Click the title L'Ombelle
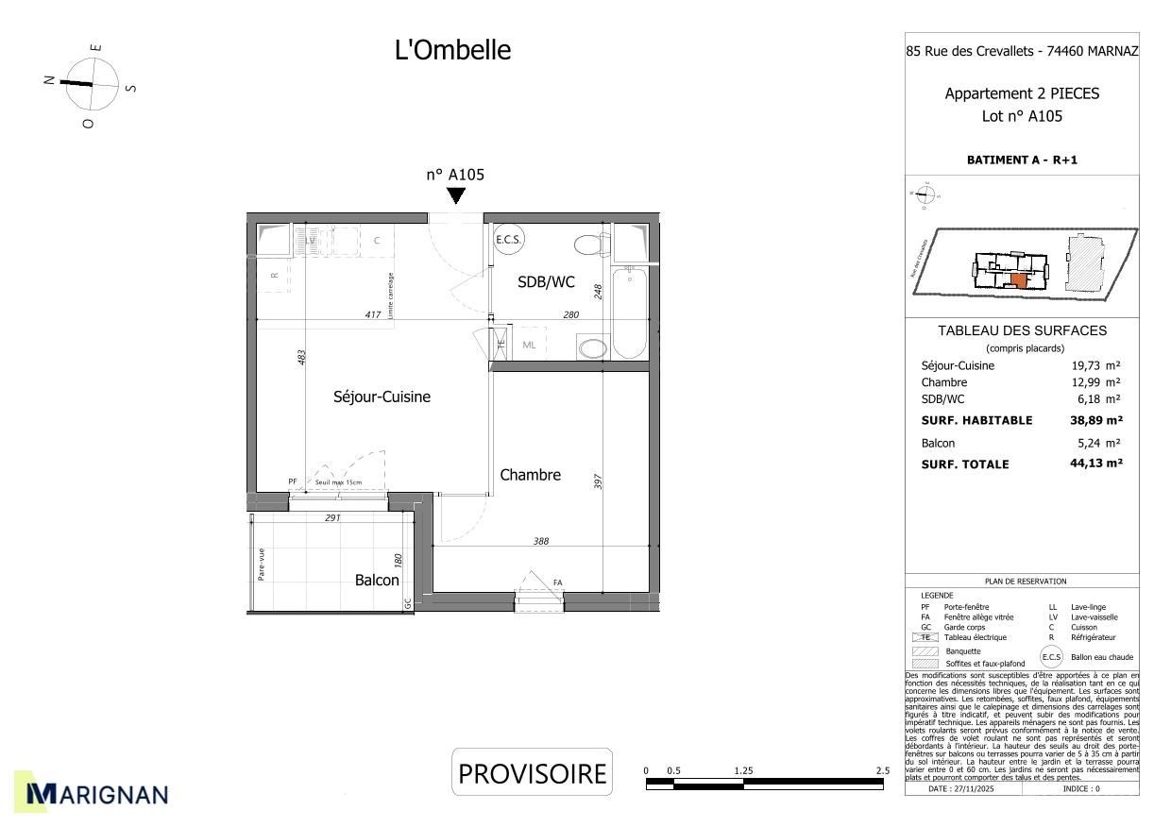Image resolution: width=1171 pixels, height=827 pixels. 452,50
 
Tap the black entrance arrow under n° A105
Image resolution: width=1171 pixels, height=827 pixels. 456,195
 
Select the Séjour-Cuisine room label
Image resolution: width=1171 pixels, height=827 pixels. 382,397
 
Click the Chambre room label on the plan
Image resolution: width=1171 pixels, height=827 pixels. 530,475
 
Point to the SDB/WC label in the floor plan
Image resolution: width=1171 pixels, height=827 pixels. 546,281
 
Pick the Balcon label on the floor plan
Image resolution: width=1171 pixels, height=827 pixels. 377,581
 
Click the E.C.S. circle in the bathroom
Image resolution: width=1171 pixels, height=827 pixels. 509,240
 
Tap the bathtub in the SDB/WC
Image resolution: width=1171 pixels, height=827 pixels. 629,312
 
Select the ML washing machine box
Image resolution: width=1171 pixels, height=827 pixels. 529,346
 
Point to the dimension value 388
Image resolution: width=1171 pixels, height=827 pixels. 540,542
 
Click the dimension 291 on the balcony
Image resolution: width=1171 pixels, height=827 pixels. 332,517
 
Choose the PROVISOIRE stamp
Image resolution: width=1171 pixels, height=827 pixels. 532,773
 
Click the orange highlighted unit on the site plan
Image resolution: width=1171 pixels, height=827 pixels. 1018,279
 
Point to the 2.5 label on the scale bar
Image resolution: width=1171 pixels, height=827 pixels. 882,770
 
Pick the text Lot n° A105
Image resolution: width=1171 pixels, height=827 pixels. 1022,117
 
